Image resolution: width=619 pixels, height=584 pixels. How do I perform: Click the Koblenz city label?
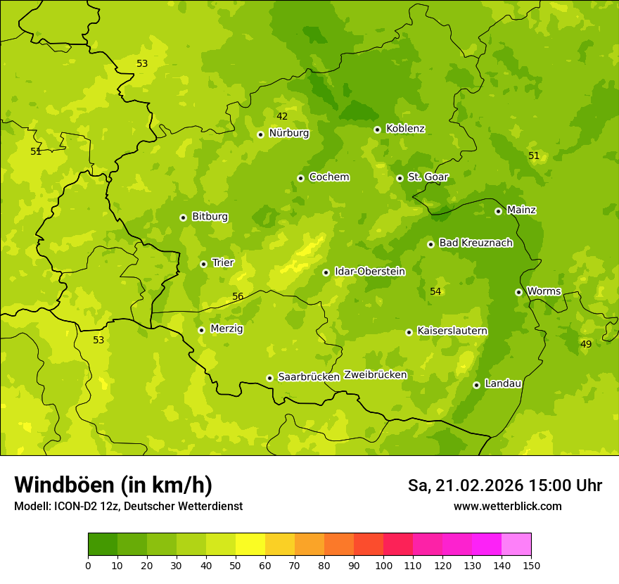[x=405, y=129]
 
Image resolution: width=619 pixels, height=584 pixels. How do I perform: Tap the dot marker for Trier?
[x=203, y=264]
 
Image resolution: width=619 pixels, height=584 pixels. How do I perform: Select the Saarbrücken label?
[x=309, y=377]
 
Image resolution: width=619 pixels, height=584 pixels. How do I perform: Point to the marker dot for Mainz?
[x=498, y=211]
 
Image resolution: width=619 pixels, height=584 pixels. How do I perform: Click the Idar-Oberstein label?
[x=369, y=272]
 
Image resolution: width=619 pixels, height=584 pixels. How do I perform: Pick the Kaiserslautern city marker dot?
[x=409, y=332]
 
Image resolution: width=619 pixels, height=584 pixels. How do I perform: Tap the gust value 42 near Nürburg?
[x=282, y=116]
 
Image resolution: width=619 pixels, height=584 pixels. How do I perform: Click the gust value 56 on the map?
[x=238, y=296]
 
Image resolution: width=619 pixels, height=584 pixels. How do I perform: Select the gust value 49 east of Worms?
[x=586, y=344]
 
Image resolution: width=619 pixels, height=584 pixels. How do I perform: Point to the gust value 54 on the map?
[x=435, y=291]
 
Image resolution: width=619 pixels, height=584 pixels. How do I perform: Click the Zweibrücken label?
[x=376, y=375]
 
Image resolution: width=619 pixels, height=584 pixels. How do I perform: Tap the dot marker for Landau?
[x=476, y=385]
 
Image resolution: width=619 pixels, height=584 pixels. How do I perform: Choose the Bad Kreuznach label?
[x=476, y=243]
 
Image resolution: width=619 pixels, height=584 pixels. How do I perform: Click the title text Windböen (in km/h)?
[x=113, y=485]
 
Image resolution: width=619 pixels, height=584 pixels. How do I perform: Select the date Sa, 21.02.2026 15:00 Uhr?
[x=504, y=485]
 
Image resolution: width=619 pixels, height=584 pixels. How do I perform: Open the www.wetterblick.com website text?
[x=507, y=507]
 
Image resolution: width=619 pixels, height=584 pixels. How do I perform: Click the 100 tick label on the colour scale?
[x=383, y=565]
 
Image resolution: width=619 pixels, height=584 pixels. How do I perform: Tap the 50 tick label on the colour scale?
[x=236, y=565]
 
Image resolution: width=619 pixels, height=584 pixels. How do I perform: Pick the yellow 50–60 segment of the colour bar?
[x=250, y=544]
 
